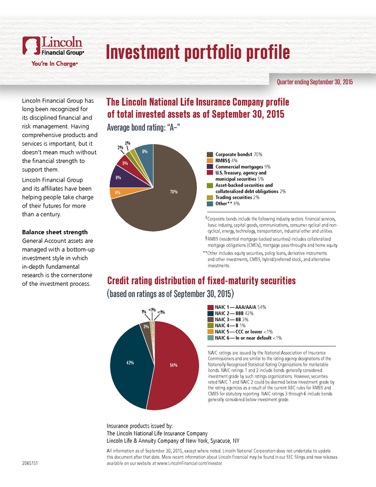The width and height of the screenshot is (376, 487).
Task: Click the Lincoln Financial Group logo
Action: click(x=52, y=46)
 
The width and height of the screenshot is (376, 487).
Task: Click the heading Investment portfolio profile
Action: click(x=197, y=52)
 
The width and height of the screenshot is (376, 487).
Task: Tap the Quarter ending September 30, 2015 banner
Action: click(x=314, y=82)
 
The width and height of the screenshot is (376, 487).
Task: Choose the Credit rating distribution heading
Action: click(x=200, y=281)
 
